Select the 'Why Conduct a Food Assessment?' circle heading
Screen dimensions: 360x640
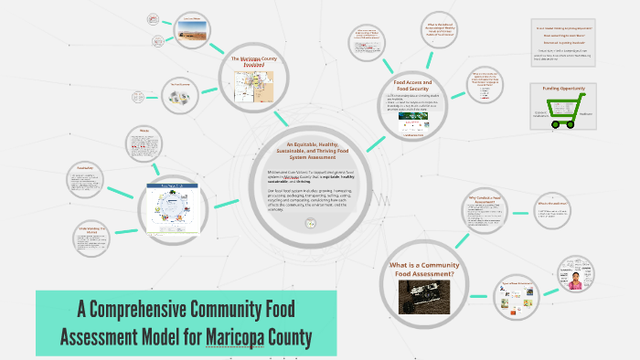(x=487, y=199)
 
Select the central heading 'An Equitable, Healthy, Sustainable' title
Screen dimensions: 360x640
(x=310, y=151)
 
